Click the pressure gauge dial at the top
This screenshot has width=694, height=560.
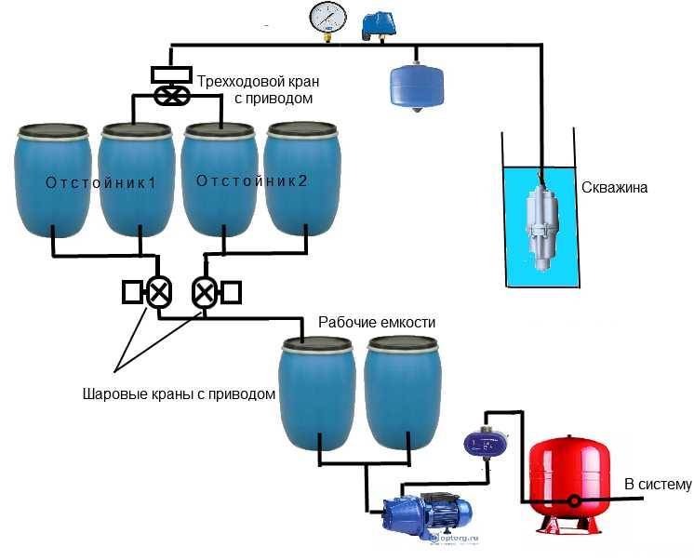point(327,18)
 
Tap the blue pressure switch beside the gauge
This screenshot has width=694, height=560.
point(377,23)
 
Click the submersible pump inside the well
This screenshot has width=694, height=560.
point(539,222)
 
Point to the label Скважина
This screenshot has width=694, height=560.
point(614,188)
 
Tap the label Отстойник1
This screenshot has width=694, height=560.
point(100,182)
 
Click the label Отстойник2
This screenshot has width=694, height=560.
point(251,181)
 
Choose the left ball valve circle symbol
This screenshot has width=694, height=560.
point(159,293)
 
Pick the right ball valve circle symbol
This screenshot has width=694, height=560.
point(204,293)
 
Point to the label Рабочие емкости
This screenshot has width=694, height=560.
point(377,322)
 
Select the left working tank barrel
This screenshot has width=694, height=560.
point(318,390)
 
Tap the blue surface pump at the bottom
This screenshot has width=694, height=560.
point(428,507)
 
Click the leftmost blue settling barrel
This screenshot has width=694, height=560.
point(55,181)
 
